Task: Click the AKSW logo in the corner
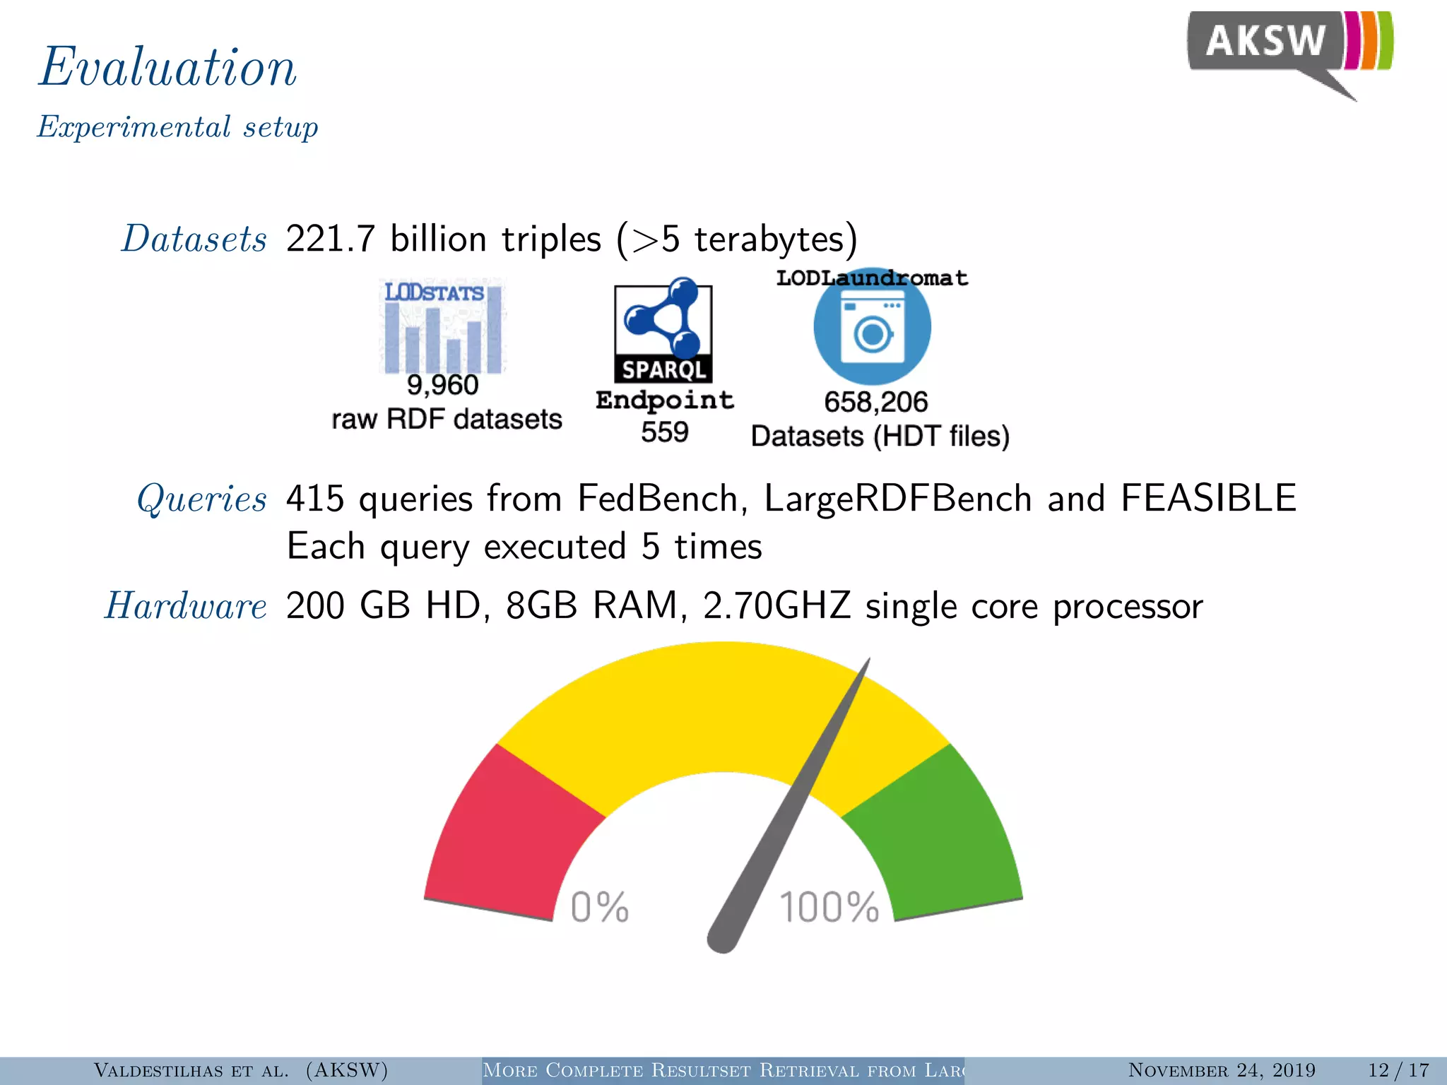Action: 1289,49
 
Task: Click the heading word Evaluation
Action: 167,67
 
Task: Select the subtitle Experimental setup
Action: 177,127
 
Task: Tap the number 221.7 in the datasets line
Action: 330,239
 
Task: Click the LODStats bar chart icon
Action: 443,326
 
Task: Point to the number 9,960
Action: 443,386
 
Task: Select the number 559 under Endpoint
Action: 664,432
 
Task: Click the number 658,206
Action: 875,402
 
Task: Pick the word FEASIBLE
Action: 1208,499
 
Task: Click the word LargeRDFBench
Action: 898,499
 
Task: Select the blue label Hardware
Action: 186,606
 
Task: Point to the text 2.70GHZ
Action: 776,606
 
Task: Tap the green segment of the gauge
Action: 940,834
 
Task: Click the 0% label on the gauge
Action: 599,907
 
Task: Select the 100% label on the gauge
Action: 829,907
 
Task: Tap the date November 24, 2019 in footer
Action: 1222,1070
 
